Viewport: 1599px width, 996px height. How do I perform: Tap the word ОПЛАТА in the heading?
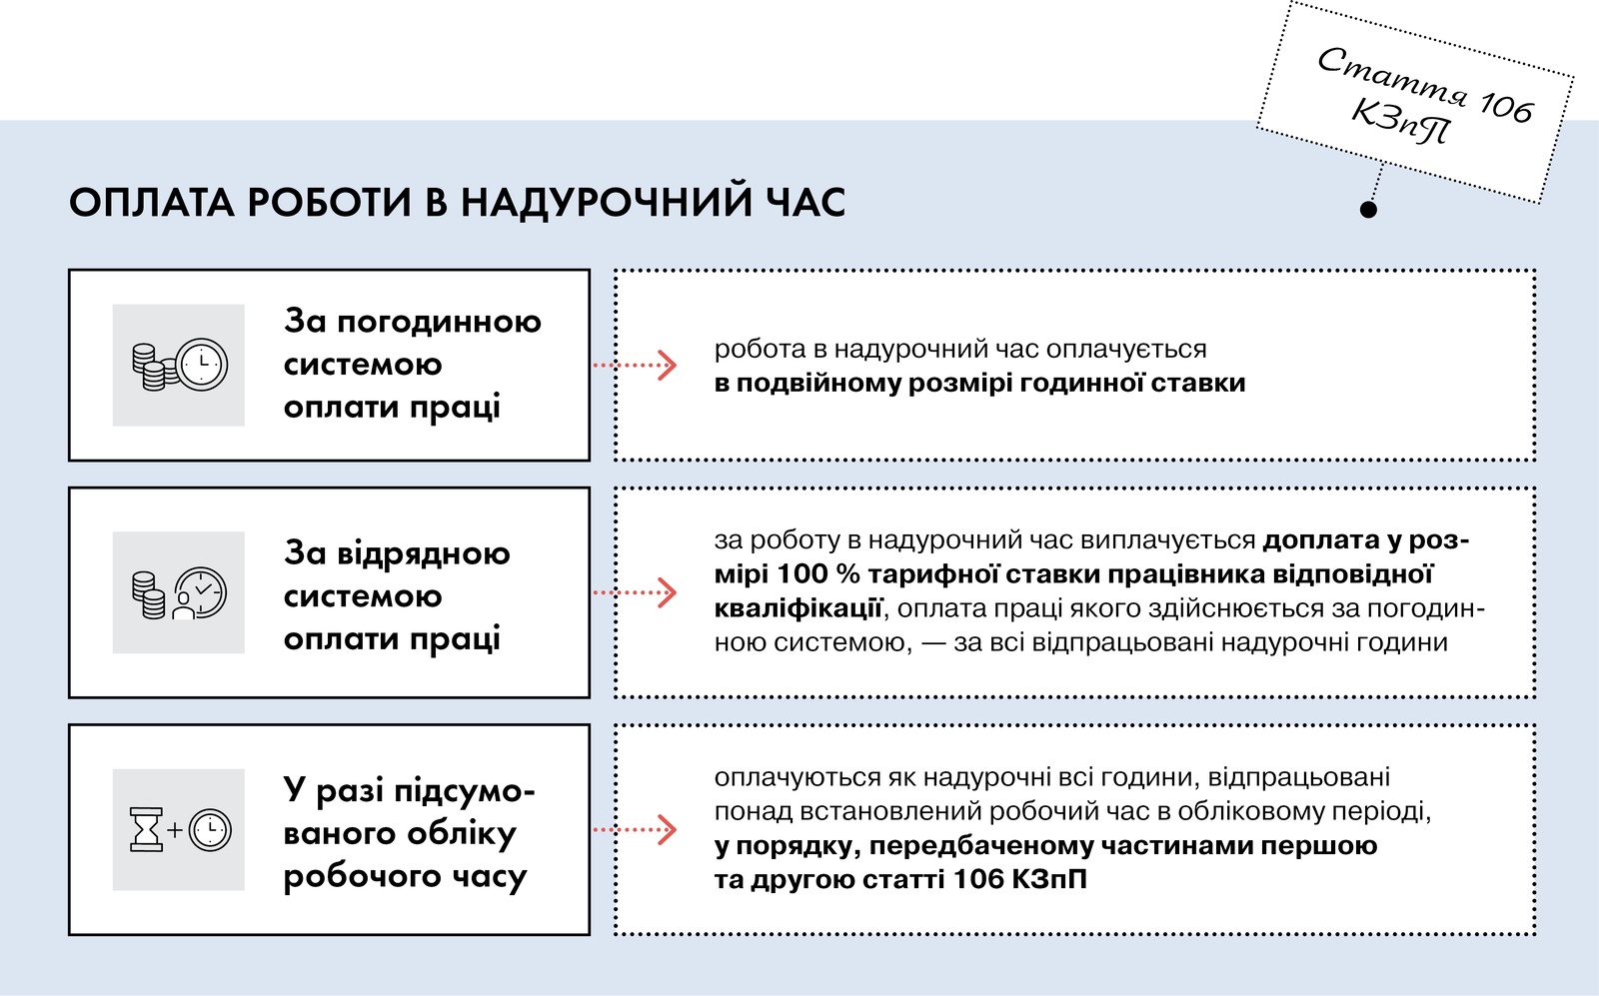[x=151, y=202]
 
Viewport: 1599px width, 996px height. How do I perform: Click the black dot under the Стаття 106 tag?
[x=1368, y=209]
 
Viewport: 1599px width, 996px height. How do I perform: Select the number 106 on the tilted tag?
[x=1505, y=106]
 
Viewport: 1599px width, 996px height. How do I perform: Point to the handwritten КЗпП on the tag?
[x=1401, y=122]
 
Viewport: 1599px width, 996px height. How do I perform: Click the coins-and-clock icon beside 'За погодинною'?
[x=179, y=366]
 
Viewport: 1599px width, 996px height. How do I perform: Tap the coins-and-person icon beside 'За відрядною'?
[x=179, y=592]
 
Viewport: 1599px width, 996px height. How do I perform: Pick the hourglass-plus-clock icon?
[x=181, y=830]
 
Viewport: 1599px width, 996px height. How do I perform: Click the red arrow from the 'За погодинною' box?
[x=635, y=366]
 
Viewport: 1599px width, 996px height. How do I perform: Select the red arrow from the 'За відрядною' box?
[x=635, y=592]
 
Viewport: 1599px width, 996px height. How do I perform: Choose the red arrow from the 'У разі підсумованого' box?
[x=635, y=830]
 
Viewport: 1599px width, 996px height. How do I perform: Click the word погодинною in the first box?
[x=439, y=324]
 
